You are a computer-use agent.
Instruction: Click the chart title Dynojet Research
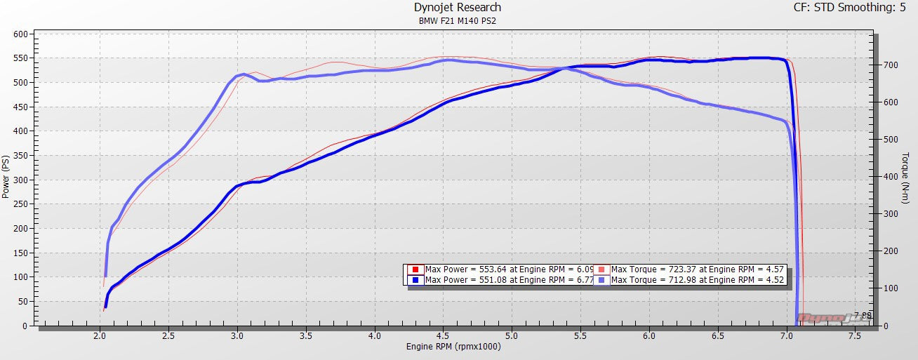(x=458, y=8)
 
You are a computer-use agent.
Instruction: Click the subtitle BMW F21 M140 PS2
(x=458, y=21)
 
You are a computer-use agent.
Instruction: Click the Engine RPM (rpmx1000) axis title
(x=453, y=347)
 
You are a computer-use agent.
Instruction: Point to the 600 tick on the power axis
(x=20, y=34)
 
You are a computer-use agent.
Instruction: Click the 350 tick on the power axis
(x=20, y=156)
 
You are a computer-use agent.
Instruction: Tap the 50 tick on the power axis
(x=22, y=302)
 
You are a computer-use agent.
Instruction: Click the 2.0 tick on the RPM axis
(x=100, y=336)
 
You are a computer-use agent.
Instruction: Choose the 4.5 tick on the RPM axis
(x=444, y=336)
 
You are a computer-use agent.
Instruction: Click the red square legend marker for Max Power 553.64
(x=415, y=269)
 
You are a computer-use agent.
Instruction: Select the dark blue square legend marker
(x=415, y=280)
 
